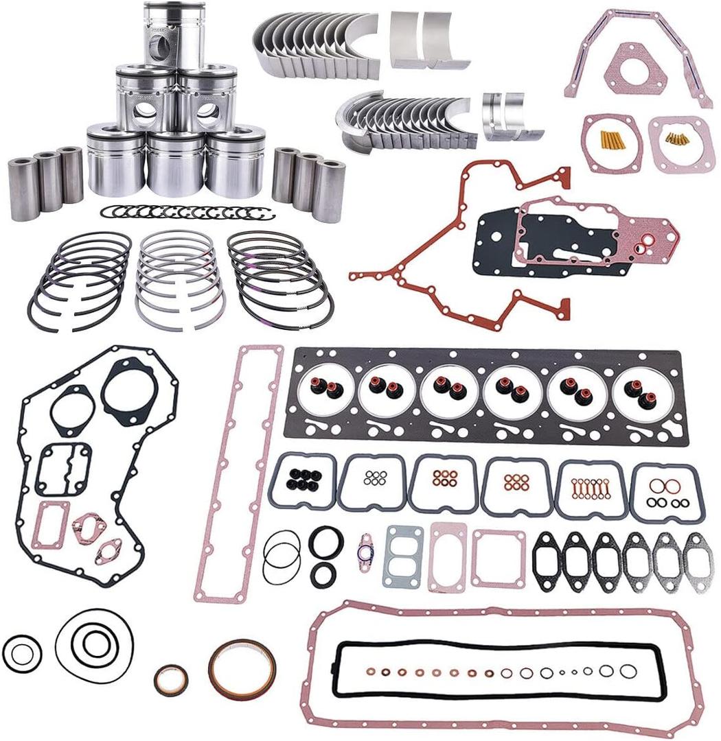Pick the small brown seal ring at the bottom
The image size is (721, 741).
pos(170,679)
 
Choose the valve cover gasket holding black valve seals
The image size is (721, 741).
pos(301,480)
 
